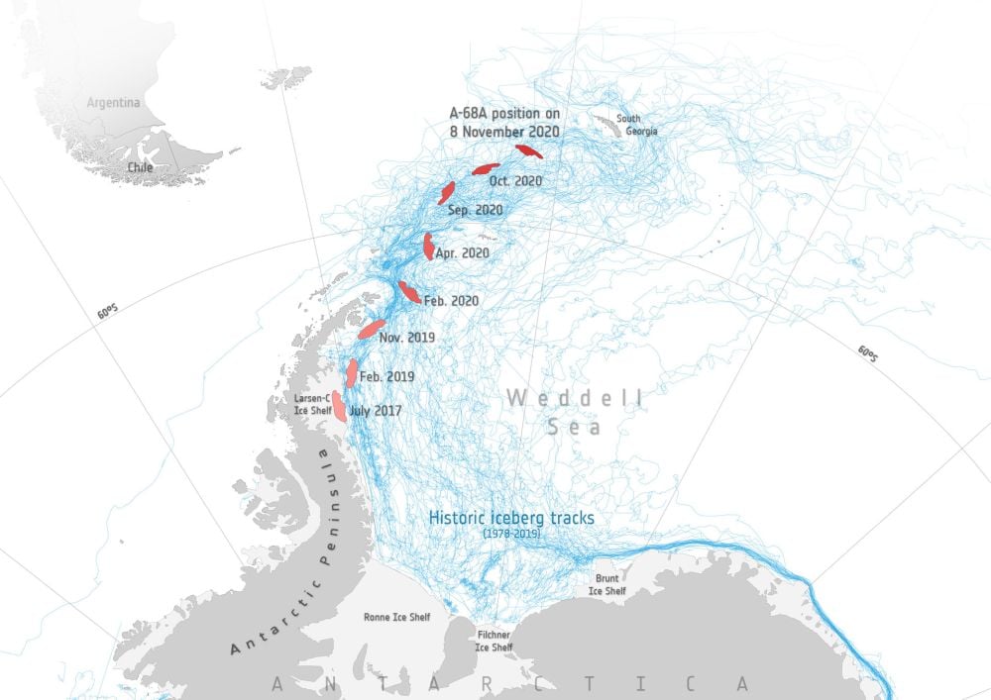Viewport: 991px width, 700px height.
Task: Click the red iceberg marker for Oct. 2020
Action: tap(485, 168)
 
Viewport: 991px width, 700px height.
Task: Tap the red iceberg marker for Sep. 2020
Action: tap(447, 192)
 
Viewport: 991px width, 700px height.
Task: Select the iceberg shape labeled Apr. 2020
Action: tap(428, 246)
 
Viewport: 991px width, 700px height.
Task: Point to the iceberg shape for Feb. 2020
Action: tap(408, 291)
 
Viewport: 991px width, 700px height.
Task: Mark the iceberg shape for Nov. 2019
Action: tap(371, 329)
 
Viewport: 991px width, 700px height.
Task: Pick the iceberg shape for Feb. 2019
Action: tap(352, 373)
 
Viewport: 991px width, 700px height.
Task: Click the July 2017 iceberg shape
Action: tap(339, 406)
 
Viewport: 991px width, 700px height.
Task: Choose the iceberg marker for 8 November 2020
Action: tap(528, 151)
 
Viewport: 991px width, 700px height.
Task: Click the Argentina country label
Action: tap(113, 103)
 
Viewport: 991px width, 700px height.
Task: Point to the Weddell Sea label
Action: tap(574, 412)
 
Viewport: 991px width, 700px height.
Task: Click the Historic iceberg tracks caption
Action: tap(511, 518)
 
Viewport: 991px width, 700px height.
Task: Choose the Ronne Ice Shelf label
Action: tap(397, 618)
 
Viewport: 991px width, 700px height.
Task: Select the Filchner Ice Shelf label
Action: tap(494, 642)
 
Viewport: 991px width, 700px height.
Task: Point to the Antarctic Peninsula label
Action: tap(281, 550)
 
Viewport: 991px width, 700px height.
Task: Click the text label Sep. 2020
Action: tap(475, 211)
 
